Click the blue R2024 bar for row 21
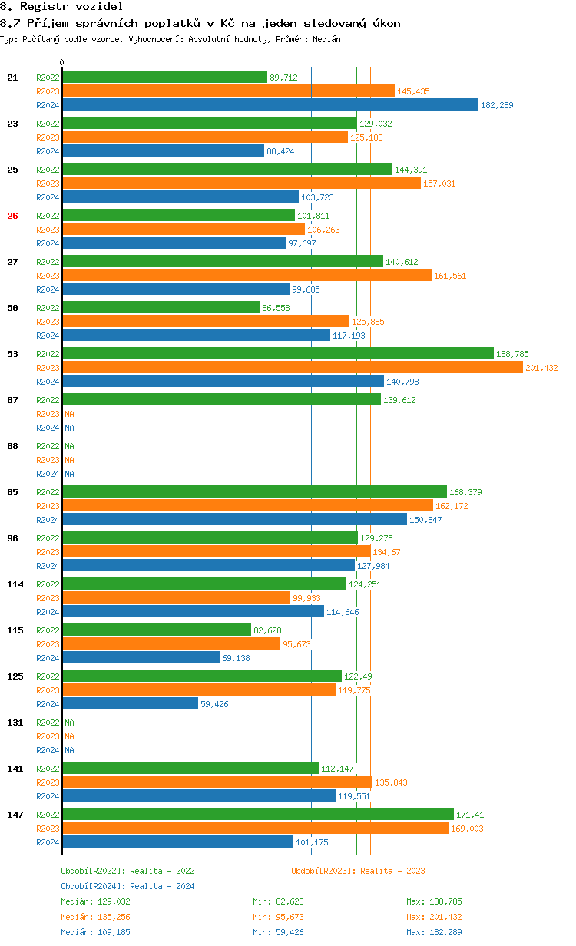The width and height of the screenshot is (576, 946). (270, 104)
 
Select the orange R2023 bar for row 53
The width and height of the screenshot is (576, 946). (292, 367)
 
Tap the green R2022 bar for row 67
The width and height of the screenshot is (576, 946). (221, 399)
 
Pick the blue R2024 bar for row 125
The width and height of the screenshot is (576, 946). (130, 703)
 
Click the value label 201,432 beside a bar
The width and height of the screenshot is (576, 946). (541, 368)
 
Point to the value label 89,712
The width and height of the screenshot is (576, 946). (283, 78)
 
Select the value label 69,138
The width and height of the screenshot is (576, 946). (236, 658)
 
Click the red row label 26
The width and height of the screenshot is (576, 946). (12, 216)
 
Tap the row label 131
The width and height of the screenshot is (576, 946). (15, 723)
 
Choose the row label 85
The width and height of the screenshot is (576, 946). (12, 492)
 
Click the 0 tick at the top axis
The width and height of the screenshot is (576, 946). (62, 62)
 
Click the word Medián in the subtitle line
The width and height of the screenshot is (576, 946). (326, 38)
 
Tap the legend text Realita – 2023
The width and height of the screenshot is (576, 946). (392, 871)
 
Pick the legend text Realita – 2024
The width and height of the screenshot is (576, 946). (162, 886)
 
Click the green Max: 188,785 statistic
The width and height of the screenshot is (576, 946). (434, 901)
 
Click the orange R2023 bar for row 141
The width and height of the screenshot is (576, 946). (217, 782)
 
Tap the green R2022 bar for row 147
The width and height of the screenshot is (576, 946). (258, 814)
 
